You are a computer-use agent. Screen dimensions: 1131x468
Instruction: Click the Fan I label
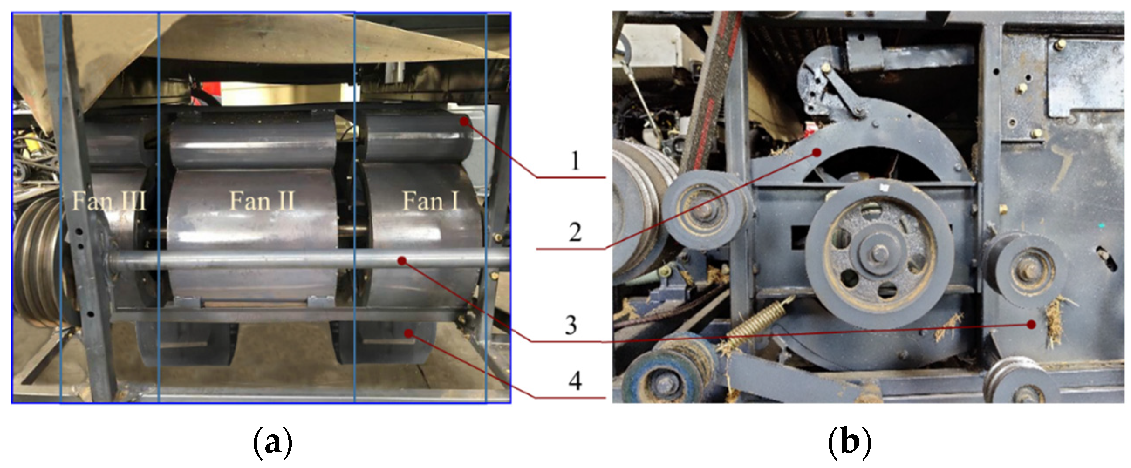click(x=431, y=201)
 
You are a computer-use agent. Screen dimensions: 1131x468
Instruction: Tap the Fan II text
click(x=262, y=201)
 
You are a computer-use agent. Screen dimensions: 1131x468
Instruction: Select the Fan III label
click(x=109, y=201)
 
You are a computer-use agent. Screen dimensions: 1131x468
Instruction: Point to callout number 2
click(x=575, y=232)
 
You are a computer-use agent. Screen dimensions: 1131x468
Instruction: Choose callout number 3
click(x=571, y=325)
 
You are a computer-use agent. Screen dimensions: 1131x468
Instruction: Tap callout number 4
click(x=575, y=380)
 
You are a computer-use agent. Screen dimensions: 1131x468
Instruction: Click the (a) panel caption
click(x=273, y=443)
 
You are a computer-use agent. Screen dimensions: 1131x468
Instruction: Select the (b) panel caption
click(x=850, y=443)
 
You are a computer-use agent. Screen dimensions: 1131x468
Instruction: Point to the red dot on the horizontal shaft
click(x=402, y=261)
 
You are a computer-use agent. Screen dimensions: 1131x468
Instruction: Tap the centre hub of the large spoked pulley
click(x=879, y=253)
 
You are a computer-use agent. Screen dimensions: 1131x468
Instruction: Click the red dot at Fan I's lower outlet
click(x=409, y=333)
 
